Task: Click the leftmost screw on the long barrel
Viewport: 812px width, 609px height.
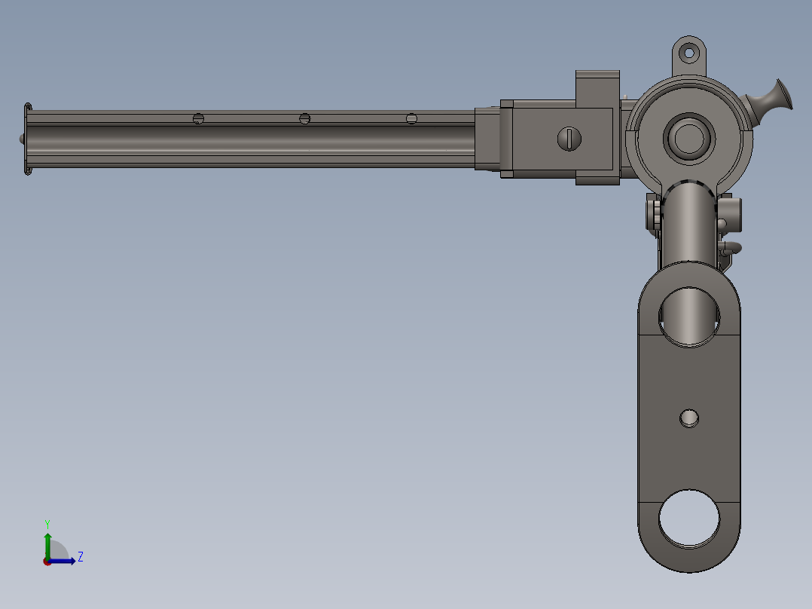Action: pos(199,118)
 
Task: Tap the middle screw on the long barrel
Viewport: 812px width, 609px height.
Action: pos(305,118)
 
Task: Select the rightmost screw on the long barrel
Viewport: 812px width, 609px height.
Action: pos(411,118)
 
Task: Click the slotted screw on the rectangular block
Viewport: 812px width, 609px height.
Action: pos(570,139)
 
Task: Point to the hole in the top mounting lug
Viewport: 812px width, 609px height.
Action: pos(688,53)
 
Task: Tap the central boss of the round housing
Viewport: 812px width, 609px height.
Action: pos(688,137)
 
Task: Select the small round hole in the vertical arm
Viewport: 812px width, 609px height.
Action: pos(689,418)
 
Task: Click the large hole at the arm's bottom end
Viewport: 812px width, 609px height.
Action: pos(689,519)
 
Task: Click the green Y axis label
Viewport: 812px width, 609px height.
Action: pos(47,523)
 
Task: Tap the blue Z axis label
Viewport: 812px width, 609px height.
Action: pos(80,557)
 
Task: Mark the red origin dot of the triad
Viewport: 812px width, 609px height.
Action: pos(47,561)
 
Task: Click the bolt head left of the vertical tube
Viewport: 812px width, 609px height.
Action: pos(652,213)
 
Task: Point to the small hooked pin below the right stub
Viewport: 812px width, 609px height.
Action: pos(731,247)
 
